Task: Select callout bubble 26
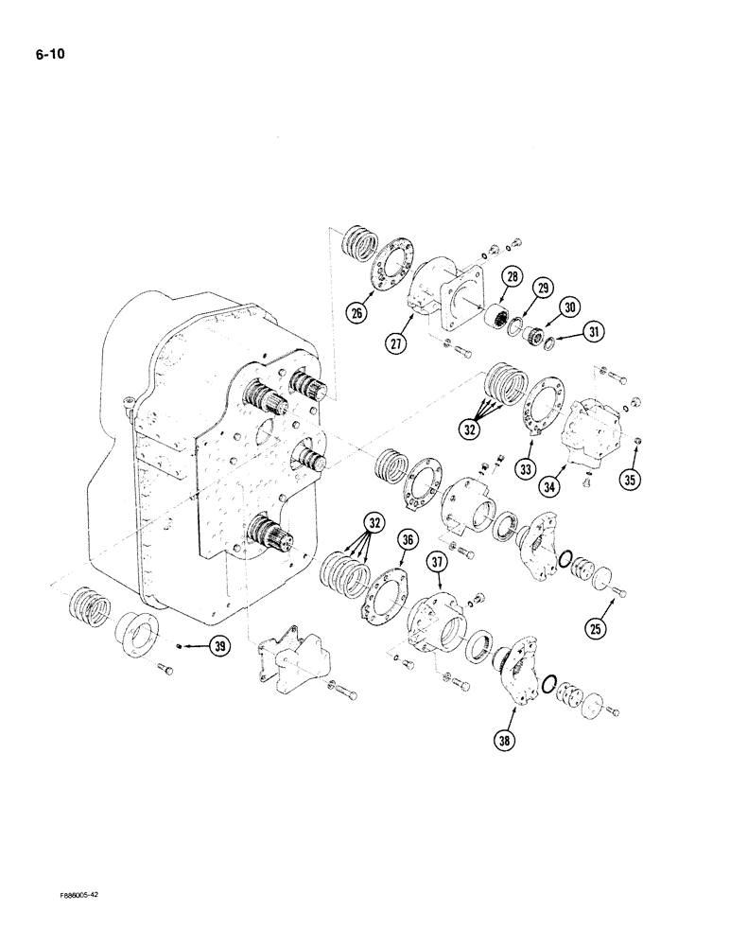356,311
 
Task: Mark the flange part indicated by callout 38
519,672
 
